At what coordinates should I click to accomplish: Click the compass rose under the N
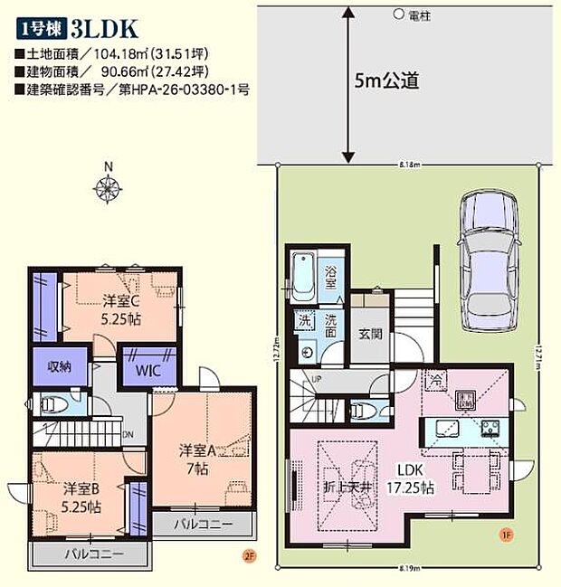click(108, 188)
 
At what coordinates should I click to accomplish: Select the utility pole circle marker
click(398, 14)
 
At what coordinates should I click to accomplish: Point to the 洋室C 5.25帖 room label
click(121, 309)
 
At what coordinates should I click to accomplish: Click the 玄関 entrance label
click(369, 333)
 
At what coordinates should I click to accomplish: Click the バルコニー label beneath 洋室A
click(204, 524)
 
